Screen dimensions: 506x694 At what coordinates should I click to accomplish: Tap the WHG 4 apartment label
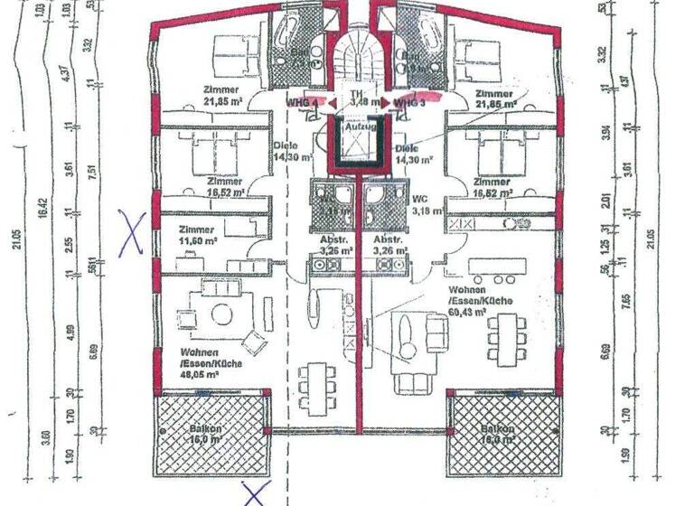[302, 103]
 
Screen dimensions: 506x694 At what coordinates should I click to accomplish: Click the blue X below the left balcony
[258, 493]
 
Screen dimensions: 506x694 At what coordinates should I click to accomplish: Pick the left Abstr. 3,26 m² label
[333, 246]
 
